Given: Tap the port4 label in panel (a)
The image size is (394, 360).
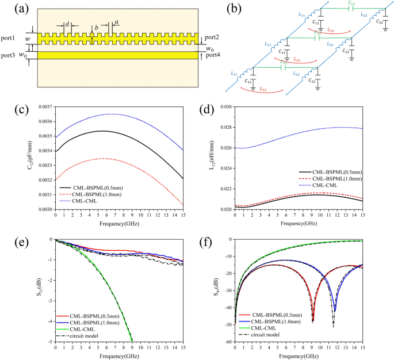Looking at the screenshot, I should pos(213,55).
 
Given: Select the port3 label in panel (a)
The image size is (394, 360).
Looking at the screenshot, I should pos(13,55).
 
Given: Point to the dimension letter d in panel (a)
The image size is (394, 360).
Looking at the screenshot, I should pos(67,24).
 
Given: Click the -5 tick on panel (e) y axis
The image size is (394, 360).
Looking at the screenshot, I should pos(50,342).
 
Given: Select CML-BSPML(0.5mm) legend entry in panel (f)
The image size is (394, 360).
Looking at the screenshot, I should pos(280,315).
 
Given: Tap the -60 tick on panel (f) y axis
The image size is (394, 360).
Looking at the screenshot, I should pos(228,342).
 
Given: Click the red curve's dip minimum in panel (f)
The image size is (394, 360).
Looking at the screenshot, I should pos(312,320).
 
